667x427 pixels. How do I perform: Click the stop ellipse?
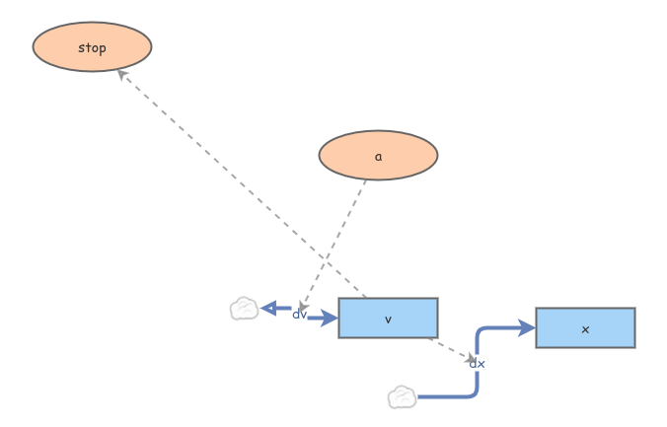92,46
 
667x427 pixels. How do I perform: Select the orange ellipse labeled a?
378,155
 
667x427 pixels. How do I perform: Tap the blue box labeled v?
388,318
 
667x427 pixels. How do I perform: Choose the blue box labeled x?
585,327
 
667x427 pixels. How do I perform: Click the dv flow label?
299,315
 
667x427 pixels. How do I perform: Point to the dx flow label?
477,364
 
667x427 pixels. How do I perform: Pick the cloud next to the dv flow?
244,309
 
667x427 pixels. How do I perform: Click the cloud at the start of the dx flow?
402,397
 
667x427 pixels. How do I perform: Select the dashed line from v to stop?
242,182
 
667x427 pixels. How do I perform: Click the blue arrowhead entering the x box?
527,327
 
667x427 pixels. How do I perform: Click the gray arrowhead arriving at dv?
303,308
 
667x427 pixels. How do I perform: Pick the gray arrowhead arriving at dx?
472,359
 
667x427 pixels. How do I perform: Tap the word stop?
92,47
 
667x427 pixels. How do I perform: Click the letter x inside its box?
585,328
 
